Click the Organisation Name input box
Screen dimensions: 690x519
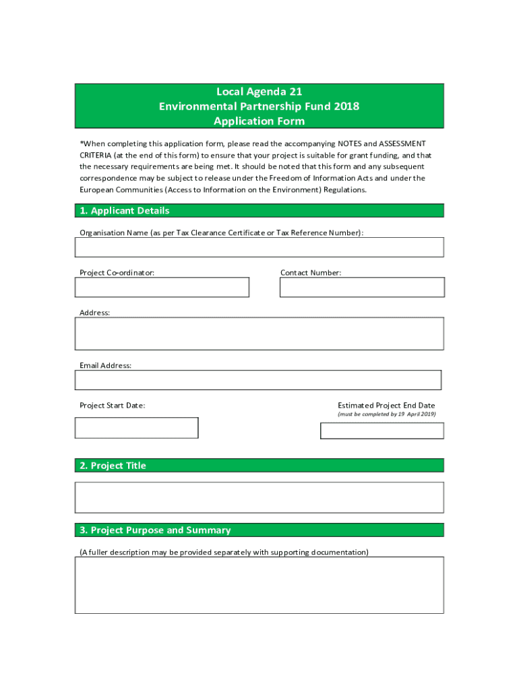pos(259,247)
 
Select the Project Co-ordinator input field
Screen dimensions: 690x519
pos(162,287)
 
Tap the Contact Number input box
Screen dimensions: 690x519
pos(362,287)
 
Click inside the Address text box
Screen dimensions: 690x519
pos(259,334)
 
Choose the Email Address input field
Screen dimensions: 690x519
pos(257,380)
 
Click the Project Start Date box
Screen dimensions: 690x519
pos(136,428)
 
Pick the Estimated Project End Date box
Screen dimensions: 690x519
pos(381,431)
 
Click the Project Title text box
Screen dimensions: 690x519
pos(259,497)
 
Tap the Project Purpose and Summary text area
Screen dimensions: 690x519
pos(259,585)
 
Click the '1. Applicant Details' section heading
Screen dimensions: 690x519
pos(125,211)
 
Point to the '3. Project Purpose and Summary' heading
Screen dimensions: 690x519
pos(155,530)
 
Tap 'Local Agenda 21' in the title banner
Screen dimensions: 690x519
pos(259,92)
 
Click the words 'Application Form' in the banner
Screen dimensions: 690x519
pos(259,121)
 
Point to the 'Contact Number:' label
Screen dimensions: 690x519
pos(311,273)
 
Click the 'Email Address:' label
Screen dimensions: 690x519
pos(105,366)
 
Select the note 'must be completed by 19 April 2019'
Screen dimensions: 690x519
pos(386,414)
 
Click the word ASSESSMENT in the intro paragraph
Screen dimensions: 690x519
pos(402,144)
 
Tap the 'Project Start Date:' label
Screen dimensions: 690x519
pos(112,406)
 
